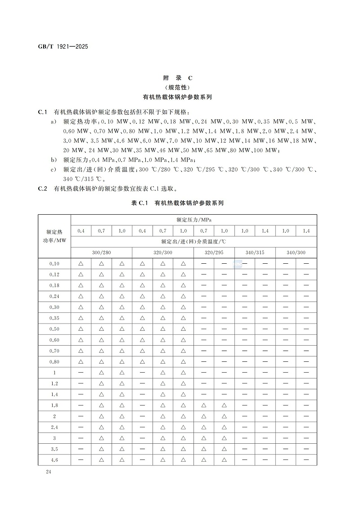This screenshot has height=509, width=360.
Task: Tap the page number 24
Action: [x=48, y=471]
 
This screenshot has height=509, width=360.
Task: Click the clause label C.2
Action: [x=43, y=189]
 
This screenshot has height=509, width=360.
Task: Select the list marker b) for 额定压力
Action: [x=54, y=159]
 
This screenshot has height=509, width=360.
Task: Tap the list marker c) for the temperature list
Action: [x=54, y=169]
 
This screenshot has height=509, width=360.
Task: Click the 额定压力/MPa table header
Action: [x=194, y=220]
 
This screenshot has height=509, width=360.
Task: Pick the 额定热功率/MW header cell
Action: [x=54, y=236]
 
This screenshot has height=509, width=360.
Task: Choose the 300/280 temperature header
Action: [x=101, y=252]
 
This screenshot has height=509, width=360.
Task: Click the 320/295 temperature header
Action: [x=214, y=252]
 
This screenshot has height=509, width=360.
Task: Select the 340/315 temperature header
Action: [x=255, y=252]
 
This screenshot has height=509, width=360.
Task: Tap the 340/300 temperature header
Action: [x=296, y=252]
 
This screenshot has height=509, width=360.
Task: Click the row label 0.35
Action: [x=54, y=318]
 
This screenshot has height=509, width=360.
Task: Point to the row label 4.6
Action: [x=54, y=459]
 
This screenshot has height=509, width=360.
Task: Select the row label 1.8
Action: [x=54, y=405]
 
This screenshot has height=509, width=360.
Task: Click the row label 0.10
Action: [x=54, y=264]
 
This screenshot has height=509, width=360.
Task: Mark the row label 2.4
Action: [x=54, y=427]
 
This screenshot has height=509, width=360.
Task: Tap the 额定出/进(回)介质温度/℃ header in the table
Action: [x=194, y=242]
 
